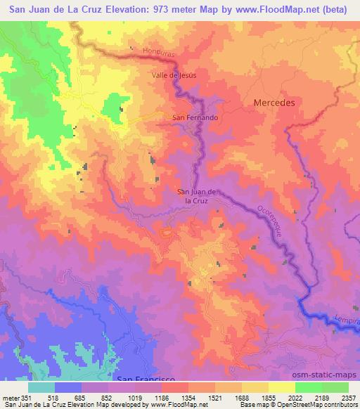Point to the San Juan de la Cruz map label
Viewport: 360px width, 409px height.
(198, 195)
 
